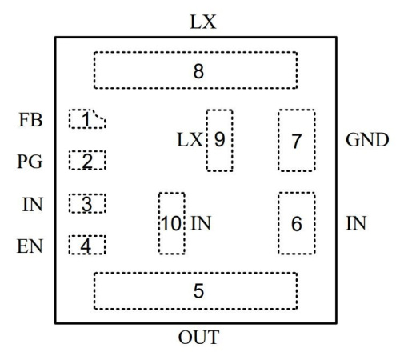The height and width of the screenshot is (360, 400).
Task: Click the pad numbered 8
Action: pyautogui.click(x=195, y=70)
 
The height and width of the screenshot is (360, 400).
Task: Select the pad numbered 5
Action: pyautogui.click(x=195, y=290)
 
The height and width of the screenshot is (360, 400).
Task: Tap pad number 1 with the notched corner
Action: pyautogui.click(x=87, y=118)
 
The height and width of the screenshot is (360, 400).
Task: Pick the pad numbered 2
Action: pyautogui.click(x=87, y=160)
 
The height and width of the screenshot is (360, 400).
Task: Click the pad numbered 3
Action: pyautogui.click(x=87, y=203)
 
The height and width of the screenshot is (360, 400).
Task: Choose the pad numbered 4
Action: pyautogui.click(x=87, y=245)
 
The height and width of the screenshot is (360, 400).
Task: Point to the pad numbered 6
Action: pyautogui.click(x=297, y=223)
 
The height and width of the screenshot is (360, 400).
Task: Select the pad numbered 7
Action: pyautogui.click(x=297, y=140)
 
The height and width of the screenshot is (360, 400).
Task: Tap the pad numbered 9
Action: pyautogui.click(x=219, y=140)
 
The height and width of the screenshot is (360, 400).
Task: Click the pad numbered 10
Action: pyautogui.click(x=172, y=223)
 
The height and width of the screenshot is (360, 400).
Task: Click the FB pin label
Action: pyautogui.click(x=30, y=120)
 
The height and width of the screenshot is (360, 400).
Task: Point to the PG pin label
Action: pyautogui.click(x=30, y=162)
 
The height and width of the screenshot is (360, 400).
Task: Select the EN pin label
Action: pyautogui.click(x=30, y=246)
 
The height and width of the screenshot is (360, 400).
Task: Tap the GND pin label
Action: pyautogui.click(x=367, y=140)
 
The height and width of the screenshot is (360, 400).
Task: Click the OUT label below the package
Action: pyautogui.click(x=198, y=338)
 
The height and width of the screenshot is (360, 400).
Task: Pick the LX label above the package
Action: pyautogui.click(x=203, y=22)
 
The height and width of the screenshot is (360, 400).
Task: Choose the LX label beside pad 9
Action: pyautogui.click(x=190, y=140)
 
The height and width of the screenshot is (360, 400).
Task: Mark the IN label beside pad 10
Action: pyautogui.click(x=201, y=223)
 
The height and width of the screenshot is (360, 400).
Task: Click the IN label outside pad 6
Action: pyautogui.click(x=356, y=223)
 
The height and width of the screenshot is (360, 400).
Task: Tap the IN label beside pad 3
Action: pyautogui.click(x=33, y=205)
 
